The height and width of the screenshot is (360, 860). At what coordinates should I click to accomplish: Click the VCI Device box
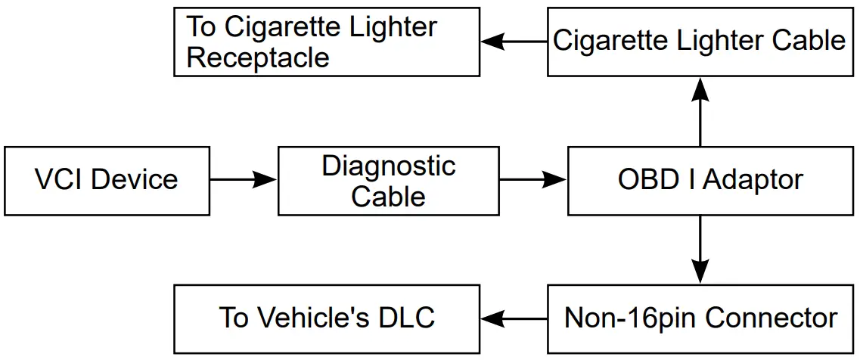click(x=106, y=181)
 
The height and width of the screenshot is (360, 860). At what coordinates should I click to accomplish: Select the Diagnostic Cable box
click(x=389, y=181)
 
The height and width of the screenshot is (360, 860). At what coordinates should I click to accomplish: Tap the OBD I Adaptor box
click(x=710, y=181)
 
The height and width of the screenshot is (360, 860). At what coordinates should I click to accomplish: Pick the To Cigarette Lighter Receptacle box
click(x=327, y=42)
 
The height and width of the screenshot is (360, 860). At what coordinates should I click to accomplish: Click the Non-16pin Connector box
click(x=700, y=318)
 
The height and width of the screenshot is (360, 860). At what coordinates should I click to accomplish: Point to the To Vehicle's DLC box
click(x=327, y=318)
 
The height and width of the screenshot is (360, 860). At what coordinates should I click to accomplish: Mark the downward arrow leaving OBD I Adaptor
click(x=700, y=250)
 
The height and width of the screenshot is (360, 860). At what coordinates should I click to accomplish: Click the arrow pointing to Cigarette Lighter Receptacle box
click(x=514, y=42)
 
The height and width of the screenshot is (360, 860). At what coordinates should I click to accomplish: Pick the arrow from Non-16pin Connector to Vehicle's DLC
click(x=514, y=318)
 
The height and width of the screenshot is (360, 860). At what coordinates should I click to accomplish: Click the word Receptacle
click(x=258, y=58)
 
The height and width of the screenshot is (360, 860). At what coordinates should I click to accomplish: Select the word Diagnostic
click(x=389, y=166)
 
